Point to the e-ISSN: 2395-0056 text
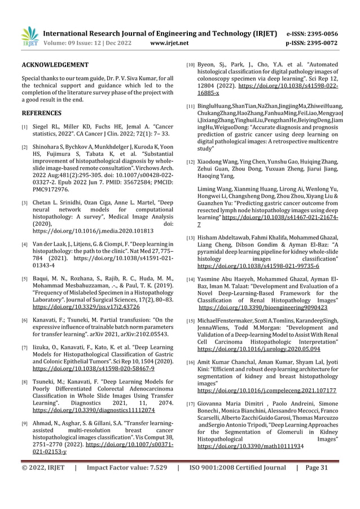click(318, 34)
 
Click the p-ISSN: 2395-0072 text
click(318, 42)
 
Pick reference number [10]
click(191, 66)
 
